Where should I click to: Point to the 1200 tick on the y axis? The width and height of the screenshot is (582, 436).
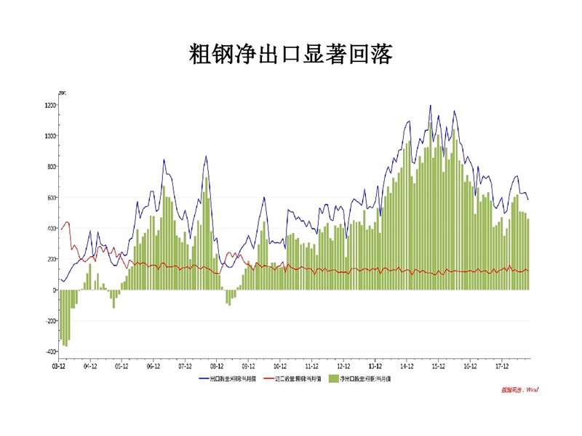[49, 105]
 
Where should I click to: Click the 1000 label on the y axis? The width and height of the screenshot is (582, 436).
[49, 136]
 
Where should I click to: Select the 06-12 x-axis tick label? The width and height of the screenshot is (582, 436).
[154, 367]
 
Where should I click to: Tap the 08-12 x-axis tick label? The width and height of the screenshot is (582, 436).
[217, 367]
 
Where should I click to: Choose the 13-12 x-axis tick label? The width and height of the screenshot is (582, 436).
[375, 367]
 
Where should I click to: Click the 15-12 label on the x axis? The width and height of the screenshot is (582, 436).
[439, 367]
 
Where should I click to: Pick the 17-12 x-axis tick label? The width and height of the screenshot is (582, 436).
[502, 367]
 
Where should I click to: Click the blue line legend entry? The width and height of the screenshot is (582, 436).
[226, 379]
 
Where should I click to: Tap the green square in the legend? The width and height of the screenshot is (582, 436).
[334, 379]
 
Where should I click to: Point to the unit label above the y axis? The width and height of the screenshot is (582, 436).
[61, 92]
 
